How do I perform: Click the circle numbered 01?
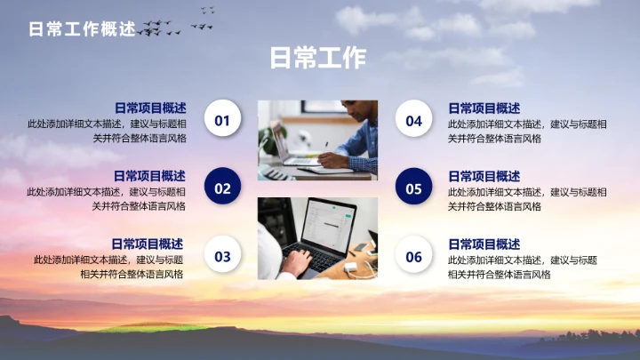(222, 120)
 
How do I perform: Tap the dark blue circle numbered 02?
(222, 188)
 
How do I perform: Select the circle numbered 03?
(222, 256)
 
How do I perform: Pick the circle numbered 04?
(413, 120)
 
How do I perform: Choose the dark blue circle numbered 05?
(413, 188)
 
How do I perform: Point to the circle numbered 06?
(413, 256)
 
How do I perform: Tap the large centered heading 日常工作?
(317, 59)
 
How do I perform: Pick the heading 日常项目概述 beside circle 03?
(148, 244)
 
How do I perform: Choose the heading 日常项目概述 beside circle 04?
(484, 108)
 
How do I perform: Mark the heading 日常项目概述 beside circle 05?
(484, 175)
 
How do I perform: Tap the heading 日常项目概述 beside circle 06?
(484, 244)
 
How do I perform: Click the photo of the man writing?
(317, 140)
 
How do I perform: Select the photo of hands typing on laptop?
(317, 238)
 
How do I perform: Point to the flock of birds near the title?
(169, 27)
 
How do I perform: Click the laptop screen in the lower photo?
(325, 227)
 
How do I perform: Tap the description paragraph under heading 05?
(527, 199)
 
